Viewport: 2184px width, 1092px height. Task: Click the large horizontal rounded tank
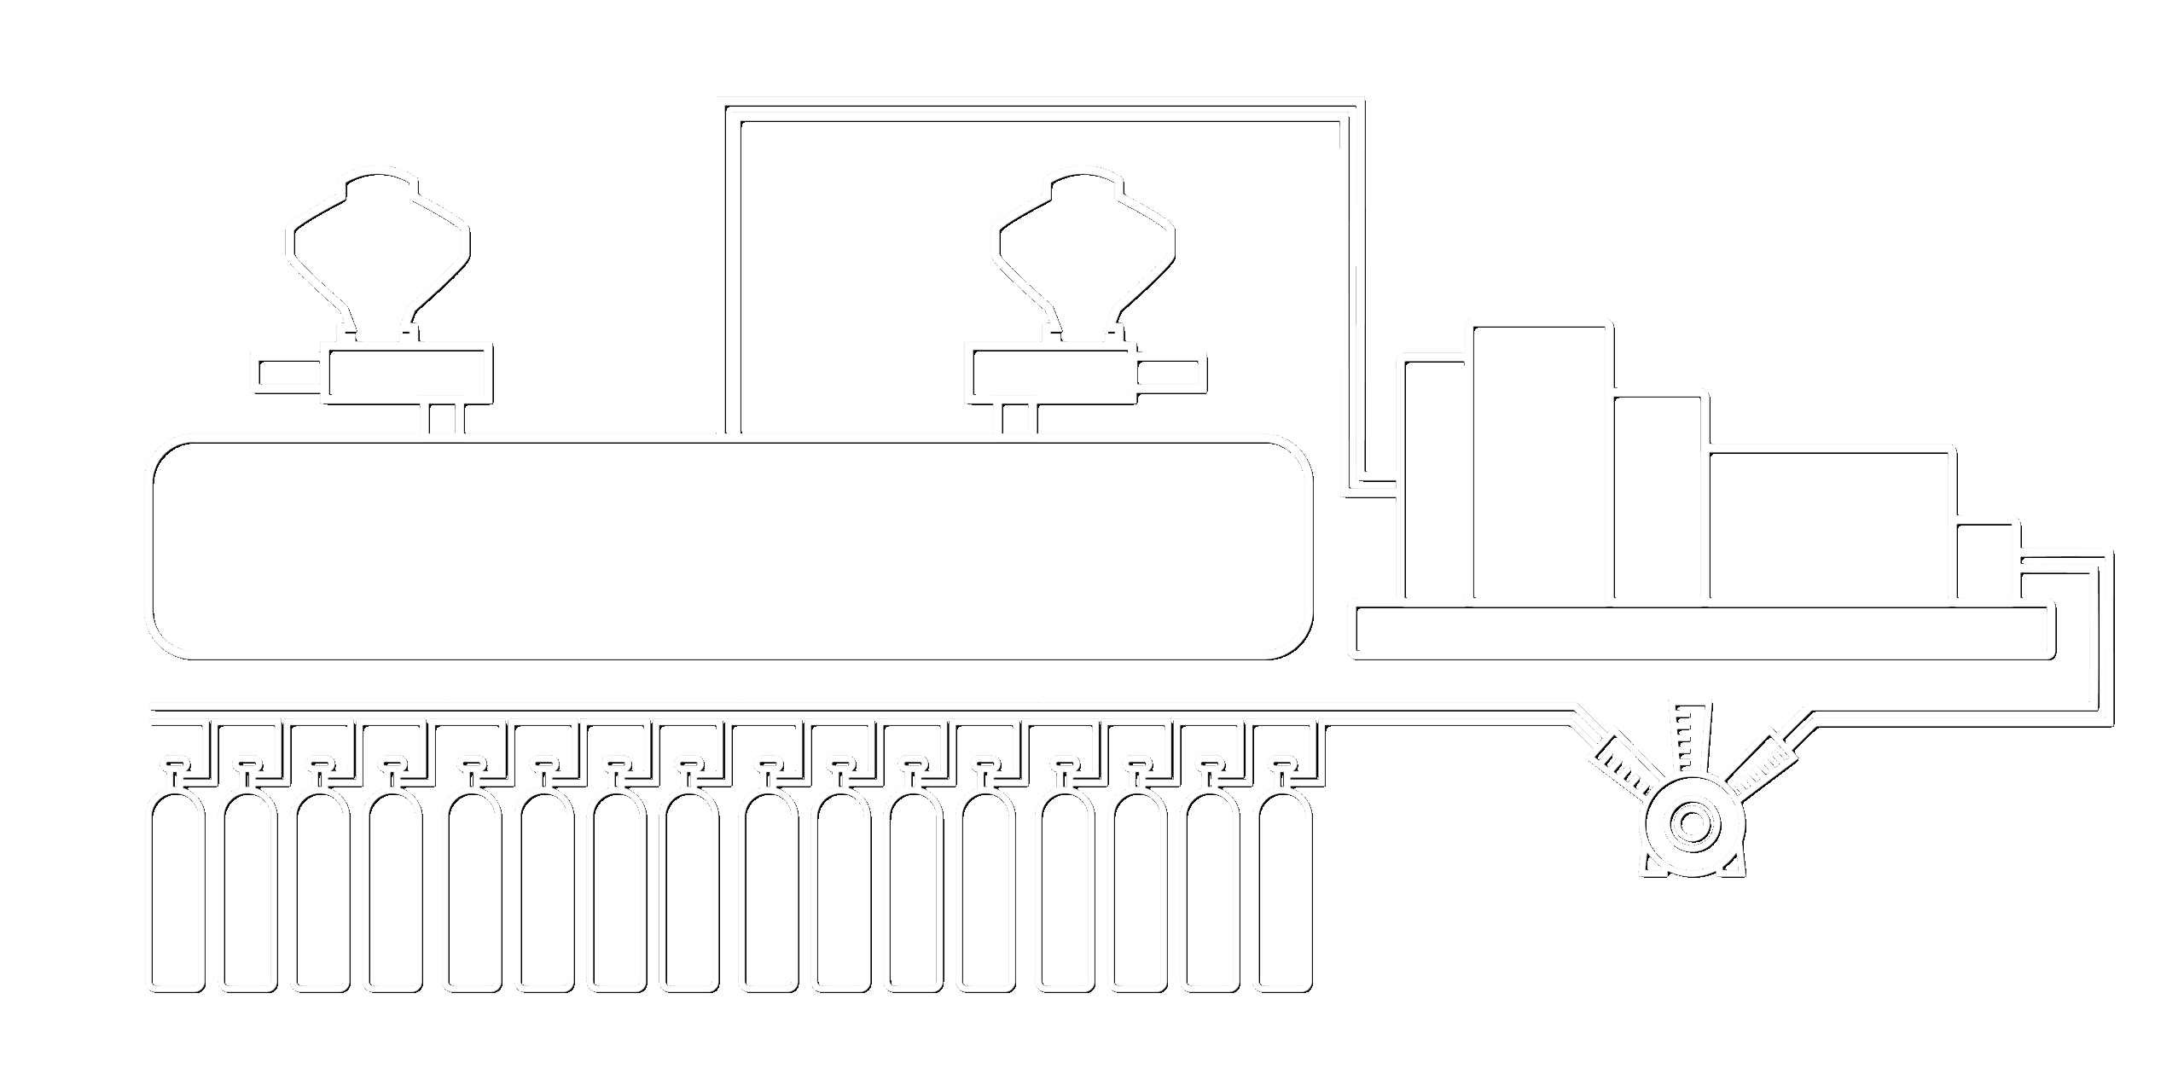732,550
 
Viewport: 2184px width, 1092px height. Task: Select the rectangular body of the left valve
409,373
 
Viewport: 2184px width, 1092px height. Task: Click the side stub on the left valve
288,374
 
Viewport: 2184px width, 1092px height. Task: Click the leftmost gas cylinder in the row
177,892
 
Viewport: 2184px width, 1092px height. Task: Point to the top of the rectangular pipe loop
1041,113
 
